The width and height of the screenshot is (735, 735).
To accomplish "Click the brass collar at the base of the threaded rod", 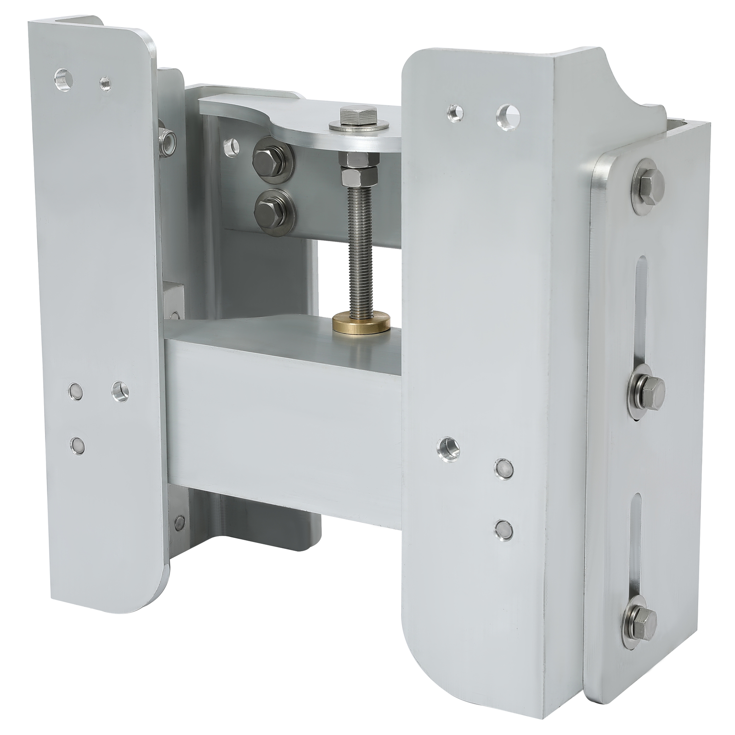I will (361, 321).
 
